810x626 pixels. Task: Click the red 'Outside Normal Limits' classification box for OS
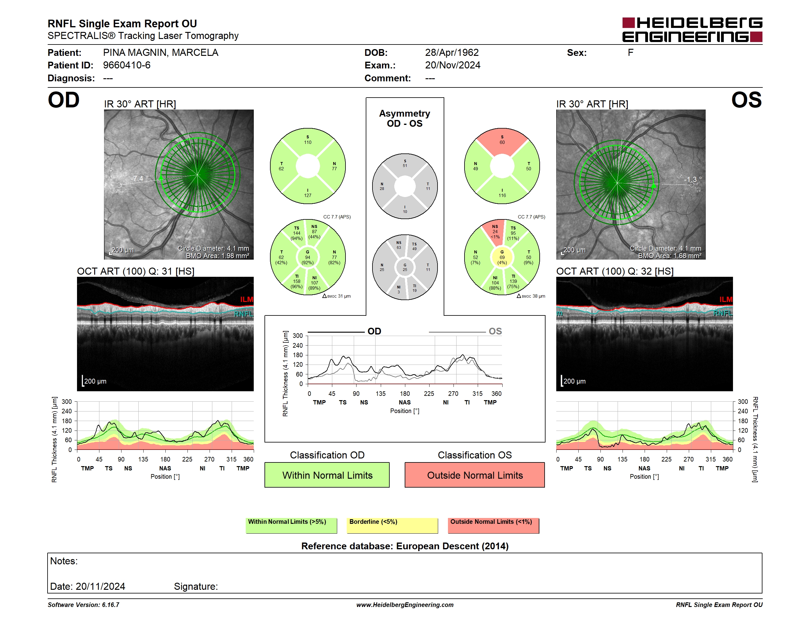click(x=474, y=475)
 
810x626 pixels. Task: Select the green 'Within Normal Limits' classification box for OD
click(x=327, y=475)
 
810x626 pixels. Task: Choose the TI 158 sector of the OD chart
click(x=296, y=283)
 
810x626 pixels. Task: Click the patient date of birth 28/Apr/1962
click(x=452, y=53)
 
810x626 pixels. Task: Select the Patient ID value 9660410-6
click(x=127, y=65)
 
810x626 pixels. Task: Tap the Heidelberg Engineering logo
click(x=692, y=30)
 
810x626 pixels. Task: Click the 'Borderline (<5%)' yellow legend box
click(x=392, y=525)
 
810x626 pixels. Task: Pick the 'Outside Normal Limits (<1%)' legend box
click(x=493, y=525)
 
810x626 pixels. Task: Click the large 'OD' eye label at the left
click(x=64, y=100)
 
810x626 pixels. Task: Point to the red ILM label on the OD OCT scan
click(x=247, y=299)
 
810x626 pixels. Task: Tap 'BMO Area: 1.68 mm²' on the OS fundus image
click(x=669, y=256)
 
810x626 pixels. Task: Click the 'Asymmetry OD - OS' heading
click(x=405, y=118)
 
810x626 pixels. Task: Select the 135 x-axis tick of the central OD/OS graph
click(x=380, y=393)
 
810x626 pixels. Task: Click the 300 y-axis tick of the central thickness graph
click(x=298, y=336)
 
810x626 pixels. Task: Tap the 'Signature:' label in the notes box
click(x=196, y=586)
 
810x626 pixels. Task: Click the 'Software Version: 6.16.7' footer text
click(x=83, y=605)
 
